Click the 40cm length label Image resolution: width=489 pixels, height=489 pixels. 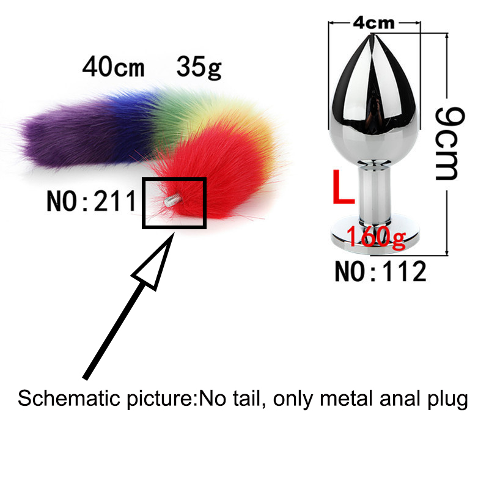click(x=114, y=67)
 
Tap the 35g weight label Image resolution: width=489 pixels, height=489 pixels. click(x=199, y=67)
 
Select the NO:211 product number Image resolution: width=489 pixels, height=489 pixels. click(x=92, y=201)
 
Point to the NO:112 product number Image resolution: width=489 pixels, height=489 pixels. click(x=380, y=271)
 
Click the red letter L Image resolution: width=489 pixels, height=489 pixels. click(x=344, y=187)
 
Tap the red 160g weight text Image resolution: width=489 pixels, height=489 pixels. click(x=376, y=237)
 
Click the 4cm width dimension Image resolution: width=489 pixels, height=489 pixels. click(x=373, y=23)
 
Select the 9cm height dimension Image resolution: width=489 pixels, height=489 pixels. click(x=450, y=143)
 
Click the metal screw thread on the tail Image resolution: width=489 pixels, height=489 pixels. click(x=172, y=200)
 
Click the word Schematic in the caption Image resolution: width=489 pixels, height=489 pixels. click(x=68, y=399)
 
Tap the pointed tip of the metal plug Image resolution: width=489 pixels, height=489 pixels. click(x=372, y=34)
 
